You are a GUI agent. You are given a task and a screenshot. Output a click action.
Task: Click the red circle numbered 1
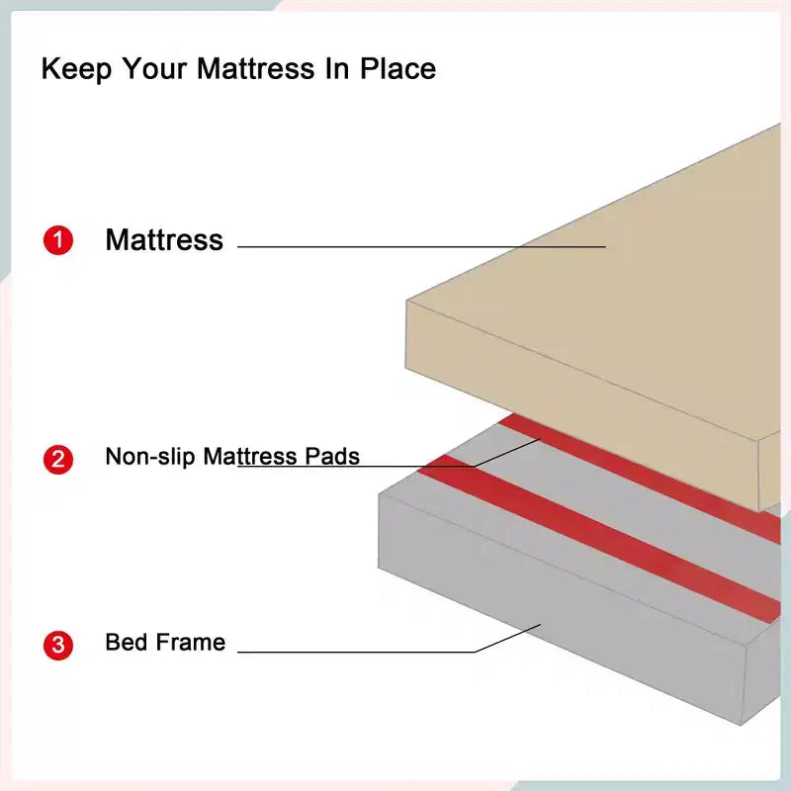click(x=58, y=240)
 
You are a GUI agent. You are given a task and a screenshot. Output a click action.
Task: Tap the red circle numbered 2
click(x=58, y=459)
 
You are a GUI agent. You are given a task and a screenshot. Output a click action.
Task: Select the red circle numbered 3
click(x=58, y=645)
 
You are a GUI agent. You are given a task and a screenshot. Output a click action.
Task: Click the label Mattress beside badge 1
click(x=164, y=239)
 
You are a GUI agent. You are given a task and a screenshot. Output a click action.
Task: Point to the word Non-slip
click(x=150, y=456)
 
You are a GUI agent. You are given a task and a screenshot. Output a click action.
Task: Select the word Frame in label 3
click(x=191, y=642)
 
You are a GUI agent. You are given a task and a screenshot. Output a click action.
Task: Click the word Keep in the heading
click(x=76, y=69)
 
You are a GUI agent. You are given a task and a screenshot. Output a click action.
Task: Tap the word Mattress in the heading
click(x=256, y=68)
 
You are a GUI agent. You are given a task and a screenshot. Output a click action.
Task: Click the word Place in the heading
click(x=397, y=68)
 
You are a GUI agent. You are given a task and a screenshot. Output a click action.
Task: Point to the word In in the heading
click(x=337, y=68)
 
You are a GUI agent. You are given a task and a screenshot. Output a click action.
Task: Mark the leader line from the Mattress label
click(x=421, y=246)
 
